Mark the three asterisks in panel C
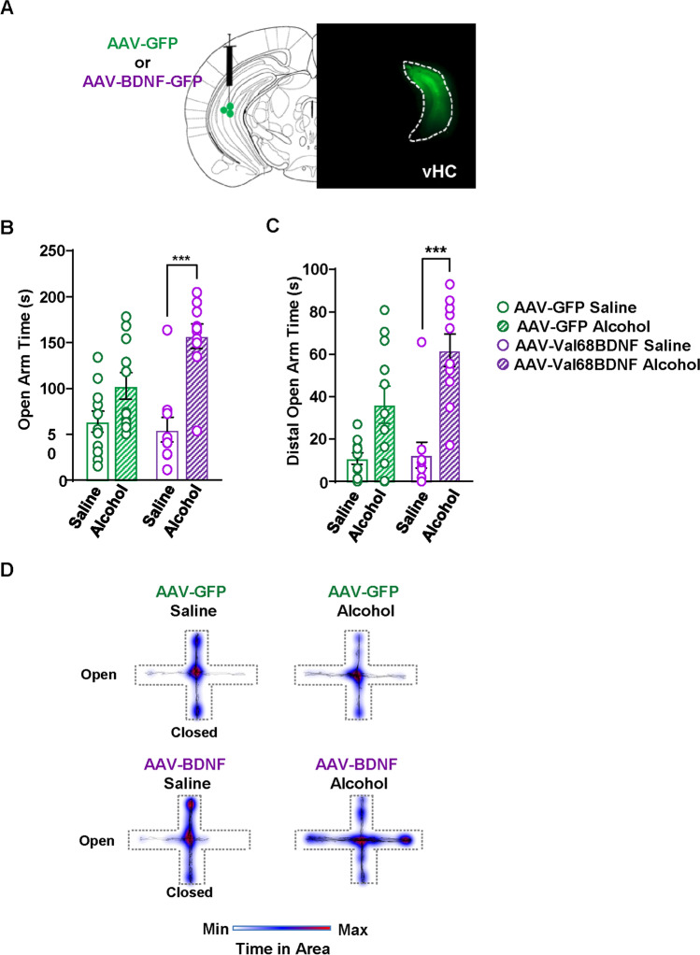[x=436, y=250]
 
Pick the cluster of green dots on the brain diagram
[x=227, y=109]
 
